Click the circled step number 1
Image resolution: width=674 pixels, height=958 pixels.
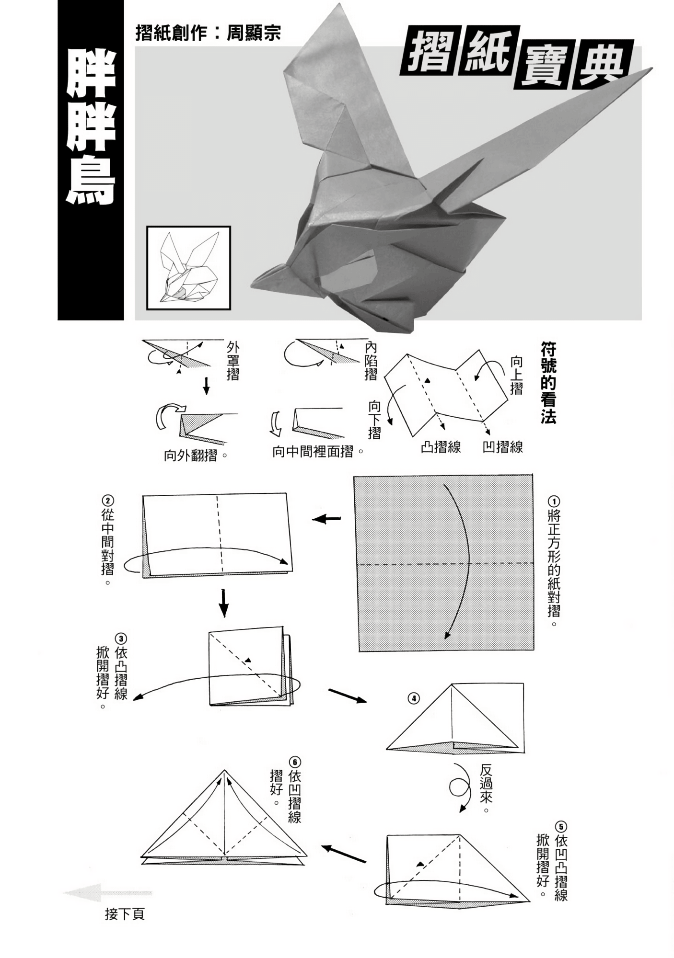553,502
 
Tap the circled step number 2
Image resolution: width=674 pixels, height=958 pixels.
108,501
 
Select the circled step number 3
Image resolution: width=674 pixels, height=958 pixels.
121,639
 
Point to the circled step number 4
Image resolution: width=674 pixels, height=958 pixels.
413,698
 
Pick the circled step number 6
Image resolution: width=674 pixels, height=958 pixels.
294,762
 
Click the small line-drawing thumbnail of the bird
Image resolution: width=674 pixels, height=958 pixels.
188,268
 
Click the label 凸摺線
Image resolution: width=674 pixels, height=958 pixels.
441,447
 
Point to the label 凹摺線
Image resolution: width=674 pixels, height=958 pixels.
502,447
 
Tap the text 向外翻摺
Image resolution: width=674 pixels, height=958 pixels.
190,455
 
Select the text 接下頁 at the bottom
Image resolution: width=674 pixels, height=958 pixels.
125,914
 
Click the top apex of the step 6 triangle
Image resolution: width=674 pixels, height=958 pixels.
224,771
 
